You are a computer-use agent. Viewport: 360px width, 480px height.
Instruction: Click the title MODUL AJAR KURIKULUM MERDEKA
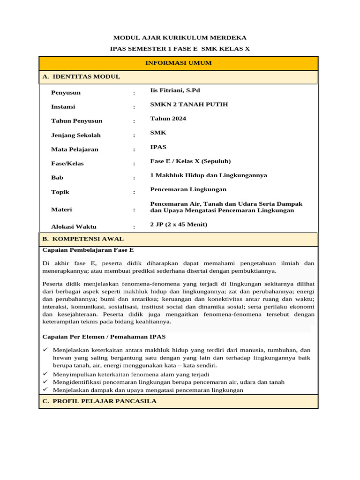(180, 37)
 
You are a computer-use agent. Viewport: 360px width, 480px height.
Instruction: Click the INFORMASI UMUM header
(179, 63)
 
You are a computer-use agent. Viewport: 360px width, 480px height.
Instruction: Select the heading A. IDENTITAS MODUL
(81, 76)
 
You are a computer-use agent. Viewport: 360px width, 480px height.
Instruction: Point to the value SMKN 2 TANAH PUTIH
(189, 104)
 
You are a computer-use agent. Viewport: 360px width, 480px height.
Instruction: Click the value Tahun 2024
(168, 119)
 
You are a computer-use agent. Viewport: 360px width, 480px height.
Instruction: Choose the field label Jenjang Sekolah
(76, 135)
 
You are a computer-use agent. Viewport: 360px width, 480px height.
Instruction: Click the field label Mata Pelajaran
(75, 150)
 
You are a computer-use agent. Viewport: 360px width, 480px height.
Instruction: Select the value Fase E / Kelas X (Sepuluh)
(190, 161)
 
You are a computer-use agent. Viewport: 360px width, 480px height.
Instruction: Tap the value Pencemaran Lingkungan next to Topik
(188, 189)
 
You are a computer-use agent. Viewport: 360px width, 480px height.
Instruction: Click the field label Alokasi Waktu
(74, 227)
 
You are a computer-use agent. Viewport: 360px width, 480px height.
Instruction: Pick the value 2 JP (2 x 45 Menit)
(179, 225)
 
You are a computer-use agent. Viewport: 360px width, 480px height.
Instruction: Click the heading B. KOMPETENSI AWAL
(83, 239)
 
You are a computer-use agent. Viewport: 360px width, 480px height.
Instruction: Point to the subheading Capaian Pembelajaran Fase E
(88, 250)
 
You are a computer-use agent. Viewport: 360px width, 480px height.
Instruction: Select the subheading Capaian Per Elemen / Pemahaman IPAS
(104, 337)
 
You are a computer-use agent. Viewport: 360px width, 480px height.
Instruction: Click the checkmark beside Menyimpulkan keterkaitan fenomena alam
(45, 374)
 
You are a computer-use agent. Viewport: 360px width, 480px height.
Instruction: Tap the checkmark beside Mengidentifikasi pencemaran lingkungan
(45, 382)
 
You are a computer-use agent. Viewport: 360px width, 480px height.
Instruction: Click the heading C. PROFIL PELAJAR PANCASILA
(99, 401)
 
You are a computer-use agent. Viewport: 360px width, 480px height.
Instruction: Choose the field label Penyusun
(66, 93)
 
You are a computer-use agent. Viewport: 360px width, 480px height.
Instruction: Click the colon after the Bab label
(134, 178)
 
